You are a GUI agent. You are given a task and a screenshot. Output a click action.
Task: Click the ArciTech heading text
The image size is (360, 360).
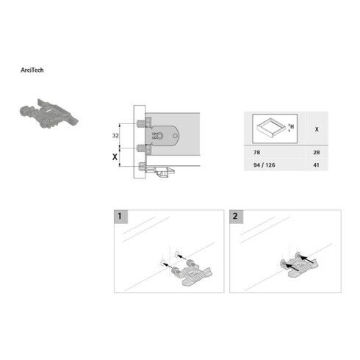(x=32, y=70)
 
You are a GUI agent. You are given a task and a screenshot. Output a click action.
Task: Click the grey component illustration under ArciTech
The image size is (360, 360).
(x=49, y=114)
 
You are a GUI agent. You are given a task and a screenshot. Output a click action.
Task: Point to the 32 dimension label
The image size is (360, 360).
(x=115, y=135)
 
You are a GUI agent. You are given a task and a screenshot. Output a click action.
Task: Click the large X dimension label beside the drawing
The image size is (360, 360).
(x=115, y=156)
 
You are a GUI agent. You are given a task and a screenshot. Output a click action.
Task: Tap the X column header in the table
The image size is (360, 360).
(x=317, y=129)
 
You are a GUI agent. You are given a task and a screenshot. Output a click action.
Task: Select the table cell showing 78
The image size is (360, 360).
(x=256, y=152)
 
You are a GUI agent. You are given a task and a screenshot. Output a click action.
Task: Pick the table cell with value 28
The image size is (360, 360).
(x=317, y=152)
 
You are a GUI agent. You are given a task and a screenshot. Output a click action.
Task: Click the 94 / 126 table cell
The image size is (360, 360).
(x=264, y=165)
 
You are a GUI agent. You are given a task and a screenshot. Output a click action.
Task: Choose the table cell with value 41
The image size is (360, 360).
(x=316, y=165)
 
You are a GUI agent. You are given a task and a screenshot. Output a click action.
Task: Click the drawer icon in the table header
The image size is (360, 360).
(x=271, y=127)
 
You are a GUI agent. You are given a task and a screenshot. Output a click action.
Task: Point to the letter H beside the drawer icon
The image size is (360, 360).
(x=292, y=126)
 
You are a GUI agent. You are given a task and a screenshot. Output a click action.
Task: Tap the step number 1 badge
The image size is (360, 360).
(x=120, y=217)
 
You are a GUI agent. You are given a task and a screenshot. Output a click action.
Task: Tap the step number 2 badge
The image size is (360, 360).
(x=236, y=217)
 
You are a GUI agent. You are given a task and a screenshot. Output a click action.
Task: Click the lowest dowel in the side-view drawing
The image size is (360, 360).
(x=142, y=167)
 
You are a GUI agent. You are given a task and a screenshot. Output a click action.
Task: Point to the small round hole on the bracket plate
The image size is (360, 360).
(x=176, y=136)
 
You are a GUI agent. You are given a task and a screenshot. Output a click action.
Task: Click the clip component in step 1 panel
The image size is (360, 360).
(x=192, y=273)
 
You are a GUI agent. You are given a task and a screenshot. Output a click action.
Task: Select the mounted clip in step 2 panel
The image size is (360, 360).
(x=299, y=265)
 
